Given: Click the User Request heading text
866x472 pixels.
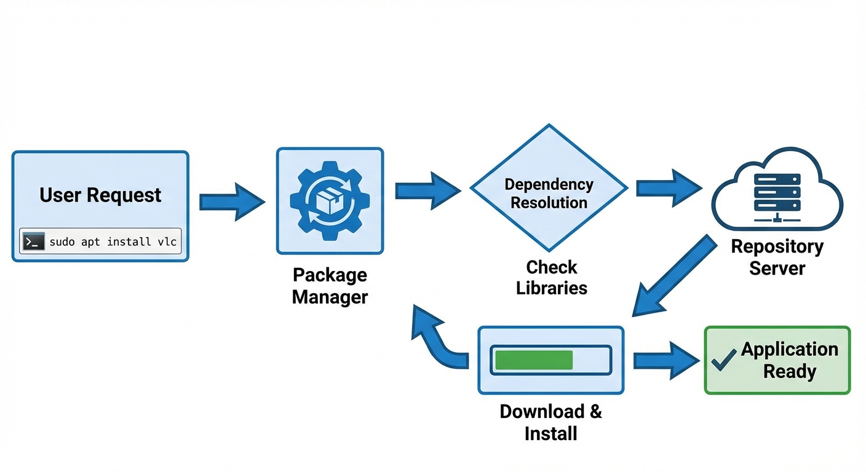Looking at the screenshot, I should [x=100, y=195].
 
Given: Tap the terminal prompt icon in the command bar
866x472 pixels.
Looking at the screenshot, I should [x=34, y=242].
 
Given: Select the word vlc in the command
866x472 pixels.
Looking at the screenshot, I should [x=167, y=242].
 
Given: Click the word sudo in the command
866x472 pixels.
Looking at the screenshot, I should [x=62, y=242].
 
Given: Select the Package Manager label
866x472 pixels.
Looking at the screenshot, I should [x=330, y=286].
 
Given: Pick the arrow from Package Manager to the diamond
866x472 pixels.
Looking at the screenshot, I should [x=427, y=191].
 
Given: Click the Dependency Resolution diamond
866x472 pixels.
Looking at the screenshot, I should [x=549, y=193].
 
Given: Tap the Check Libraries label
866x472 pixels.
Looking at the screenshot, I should [x=552, y=277].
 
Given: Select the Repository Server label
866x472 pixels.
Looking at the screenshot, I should [x=777, y=258].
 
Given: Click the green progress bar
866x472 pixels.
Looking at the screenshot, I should [x=534, y=360].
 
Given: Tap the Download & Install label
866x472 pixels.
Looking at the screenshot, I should [x=550, y=422].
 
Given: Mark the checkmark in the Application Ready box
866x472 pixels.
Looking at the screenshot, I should [x=723, y=360].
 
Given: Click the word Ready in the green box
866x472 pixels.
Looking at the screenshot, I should [x=789, y=371].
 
